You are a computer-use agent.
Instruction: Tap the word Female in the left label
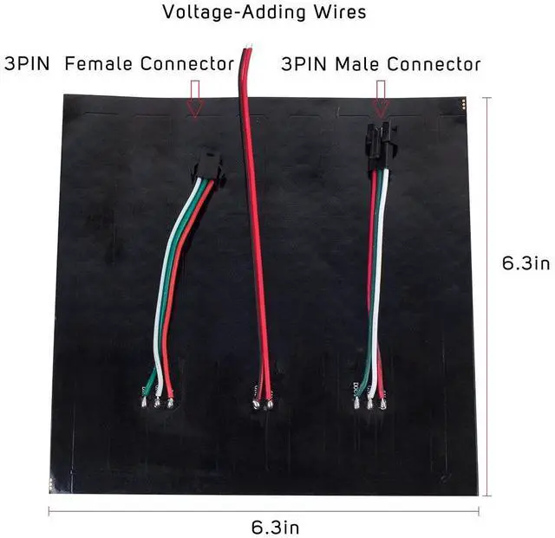99,64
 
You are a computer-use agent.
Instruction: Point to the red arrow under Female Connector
195,96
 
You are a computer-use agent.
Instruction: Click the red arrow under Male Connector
380,96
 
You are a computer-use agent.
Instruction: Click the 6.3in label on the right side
526,263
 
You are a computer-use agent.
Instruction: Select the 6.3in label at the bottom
276,525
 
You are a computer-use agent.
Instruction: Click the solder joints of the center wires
262,403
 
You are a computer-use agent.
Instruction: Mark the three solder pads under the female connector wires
157,401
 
